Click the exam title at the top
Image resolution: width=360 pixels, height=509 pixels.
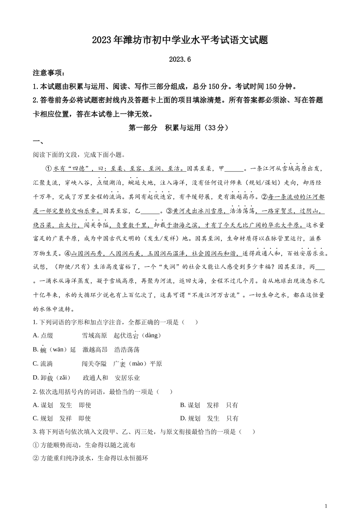[180, 40]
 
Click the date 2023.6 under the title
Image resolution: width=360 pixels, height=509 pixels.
[180, 59]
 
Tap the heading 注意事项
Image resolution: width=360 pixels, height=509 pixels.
[49, 73]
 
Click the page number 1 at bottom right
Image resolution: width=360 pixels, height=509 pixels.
[326, 506]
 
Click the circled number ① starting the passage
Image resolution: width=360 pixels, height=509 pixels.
[48, 169]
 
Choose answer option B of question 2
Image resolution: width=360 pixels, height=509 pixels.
[209, 405]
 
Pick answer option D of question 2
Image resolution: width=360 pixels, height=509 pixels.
[209, 418]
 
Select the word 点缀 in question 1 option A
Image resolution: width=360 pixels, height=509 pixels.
[47, 336]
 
